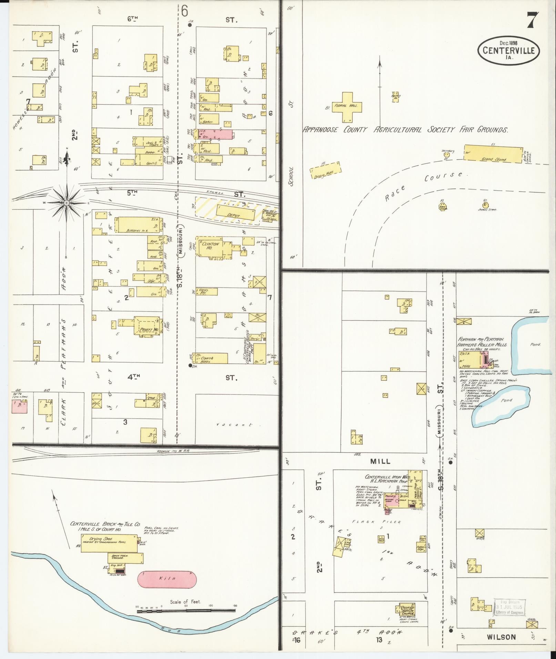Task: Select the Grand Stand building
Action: point(493,154)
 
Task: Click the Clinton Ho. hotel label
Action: point(211,246)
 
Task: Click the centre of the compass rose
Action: point(67,203)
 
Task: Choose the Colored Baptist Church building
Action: point(407,610)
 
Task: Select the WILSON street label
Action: point(501,637)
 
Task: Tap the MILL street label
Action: point(381,461)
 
